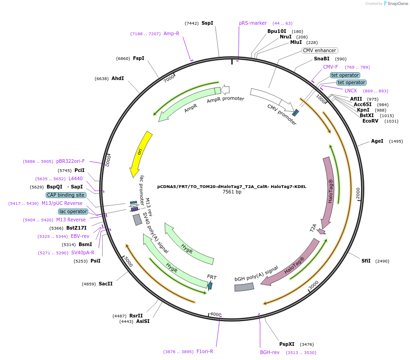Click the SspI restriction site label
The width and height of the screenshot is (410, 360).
click(207, 23)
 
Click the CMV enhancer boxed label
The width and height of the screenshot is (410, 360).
click(319, 50)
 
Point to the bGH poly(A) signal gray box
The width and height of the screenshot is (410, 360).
click(244, 287)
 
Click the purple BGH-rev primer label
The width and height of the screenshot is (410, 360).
click(270, 352)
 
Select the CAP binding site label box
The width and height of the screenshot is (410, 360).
click(66, 195)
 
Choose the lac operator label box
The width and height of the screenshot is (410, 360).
click(73, 211)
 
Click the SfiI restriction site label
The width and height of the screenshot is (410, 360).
click(366, 261)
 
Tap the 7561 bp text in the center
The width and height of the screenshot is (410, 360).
click(232, 192)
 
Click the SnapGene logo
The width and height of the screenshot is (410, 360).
click(396, 4)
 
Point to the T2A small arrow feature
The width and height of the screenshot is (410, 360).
click(322, 231)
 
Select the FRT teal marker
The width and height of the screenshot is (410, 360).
click(210, 285)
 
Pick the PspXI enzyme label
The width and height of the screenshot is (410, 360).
click(287, 344)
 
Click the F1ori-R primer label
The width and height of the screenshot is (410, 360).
click(205, 351)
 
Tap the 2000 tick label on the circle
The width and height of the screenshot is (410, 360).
click(358, 193)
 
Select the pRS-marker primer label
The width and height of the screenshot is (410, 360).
click(253, 23)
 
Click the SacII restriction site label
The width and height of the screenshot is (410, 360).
click(106, 284)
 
